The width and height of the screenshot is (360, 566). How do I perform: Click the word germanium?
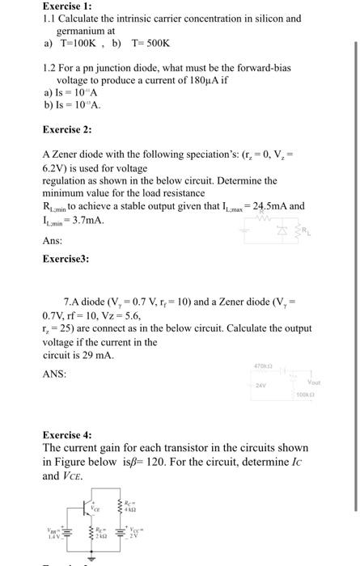click(83, 29)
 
